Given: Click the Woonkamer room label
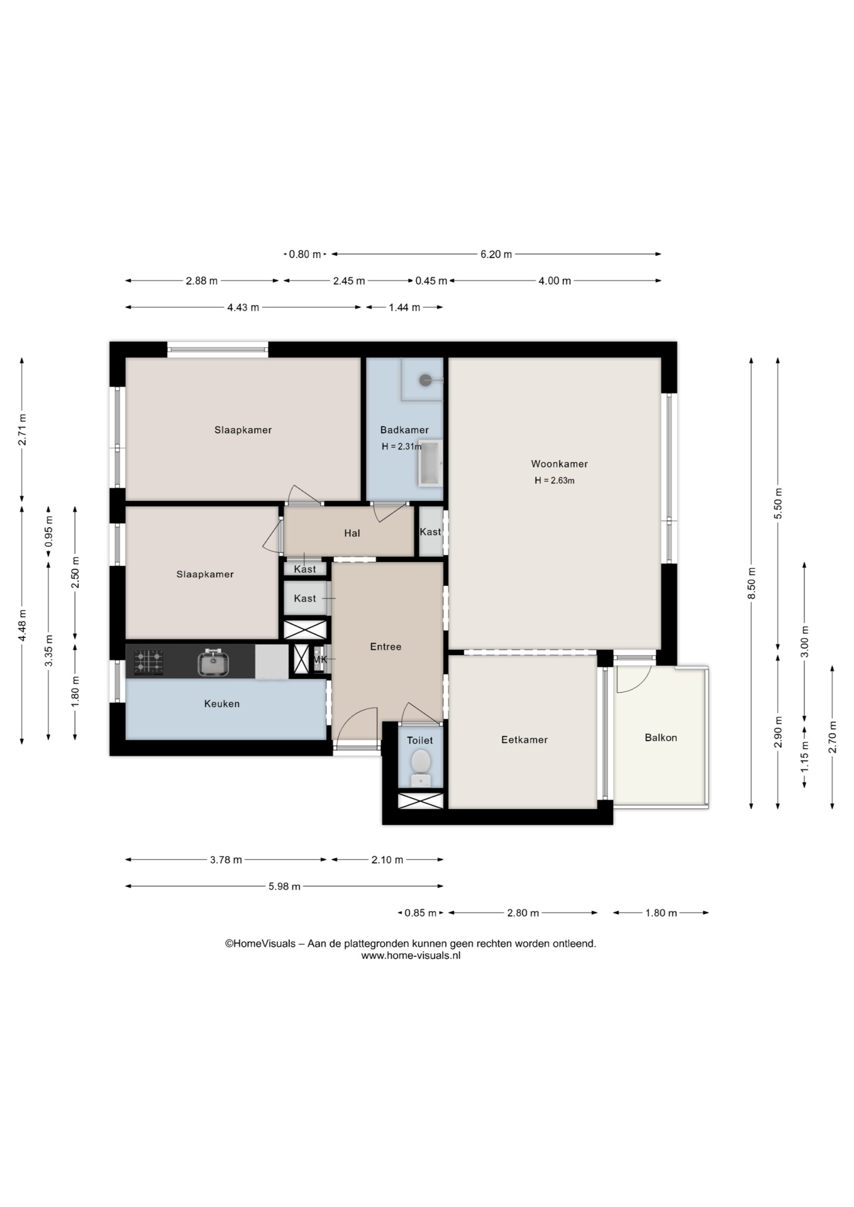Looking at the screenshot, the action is pyautogui.click(x=559, y=464).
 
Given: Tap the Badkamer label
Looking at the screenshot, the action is pyautogui.click(x=404, y=430).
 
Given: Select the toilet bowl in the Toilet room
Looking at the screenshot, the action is pyautogui.click(x=421, y=766).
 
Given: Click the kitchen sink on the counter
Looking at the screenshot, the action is pyautogui.click(x=213, y=663).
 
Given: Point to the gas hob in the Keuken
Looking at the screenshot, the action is pyautogui.click(x=148, y=663).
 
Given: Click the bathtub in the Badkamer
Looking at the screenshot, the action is pyautogui.click(x=430, y=463).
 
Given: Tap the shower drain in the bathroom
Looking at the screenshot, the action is pyautogui.click(x=426, y=380).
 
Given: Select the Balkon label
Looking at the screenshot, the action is pyautogui.click(x=661, y=737).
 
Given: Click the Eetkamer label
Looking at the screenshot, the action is pyautogui.click(x=524, y=740).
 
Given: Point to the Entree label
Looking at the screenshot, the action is pyautogui.click(x=385, y=646).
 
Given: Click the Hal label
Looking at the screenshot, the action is pyautogui.click(x=352, y=533).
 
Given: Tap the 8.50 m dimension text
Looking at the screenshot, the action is pyautogui.click(x=751, y=584).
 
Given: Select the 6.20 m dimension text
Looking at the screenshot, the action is pyautogui.click(x=496, y=255).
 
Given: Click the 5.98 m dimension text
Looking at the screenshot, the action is pyautogui.click(x=284, y=886).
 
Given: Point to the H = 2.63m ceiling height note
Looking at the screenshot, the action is pyautogui.click(x=555, y=480).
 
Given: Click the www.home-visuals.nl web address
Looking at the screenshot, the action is pyautogui.click(x=411, y=956).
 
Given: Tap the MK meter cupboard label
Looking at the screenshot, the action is pyautogui.click(x=320, y=659).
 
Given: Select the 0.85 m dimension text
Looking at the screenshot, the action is pyautogui.click(x=420, y=913).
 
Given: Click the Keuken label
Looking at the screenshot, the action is pyautogui.click(x=222, y=703).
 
